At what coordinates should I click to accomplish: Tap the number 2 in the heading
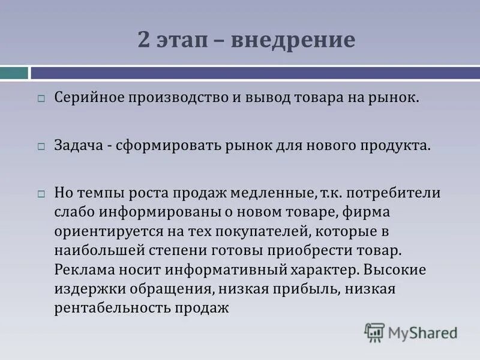click(x=144, y=41)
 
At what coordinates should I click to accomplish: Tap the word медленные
click(x=274, y=194)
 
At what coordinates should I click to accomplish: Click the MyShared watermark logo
click(x=412, y=332)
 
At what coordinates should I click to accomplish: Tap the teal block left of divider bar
click(x=14, y=73)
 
